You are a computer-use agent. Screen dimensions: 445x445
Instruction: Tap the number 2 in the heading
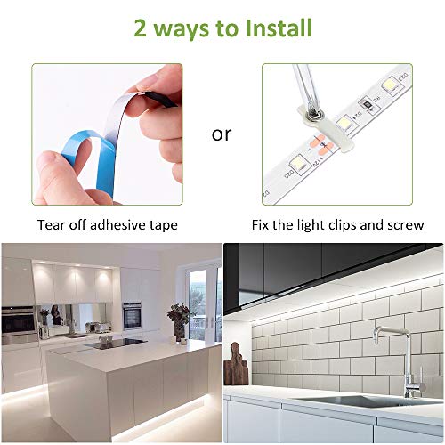pos(141,28)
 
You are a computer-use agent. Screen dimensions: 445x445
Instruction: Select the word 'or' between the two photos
pos(221,134)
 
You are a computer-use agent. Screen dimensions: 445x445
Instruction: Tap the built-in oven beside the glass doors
pos(132,312)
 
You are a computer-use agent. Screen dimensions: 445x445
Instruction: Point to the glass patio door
pos(203,298)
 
